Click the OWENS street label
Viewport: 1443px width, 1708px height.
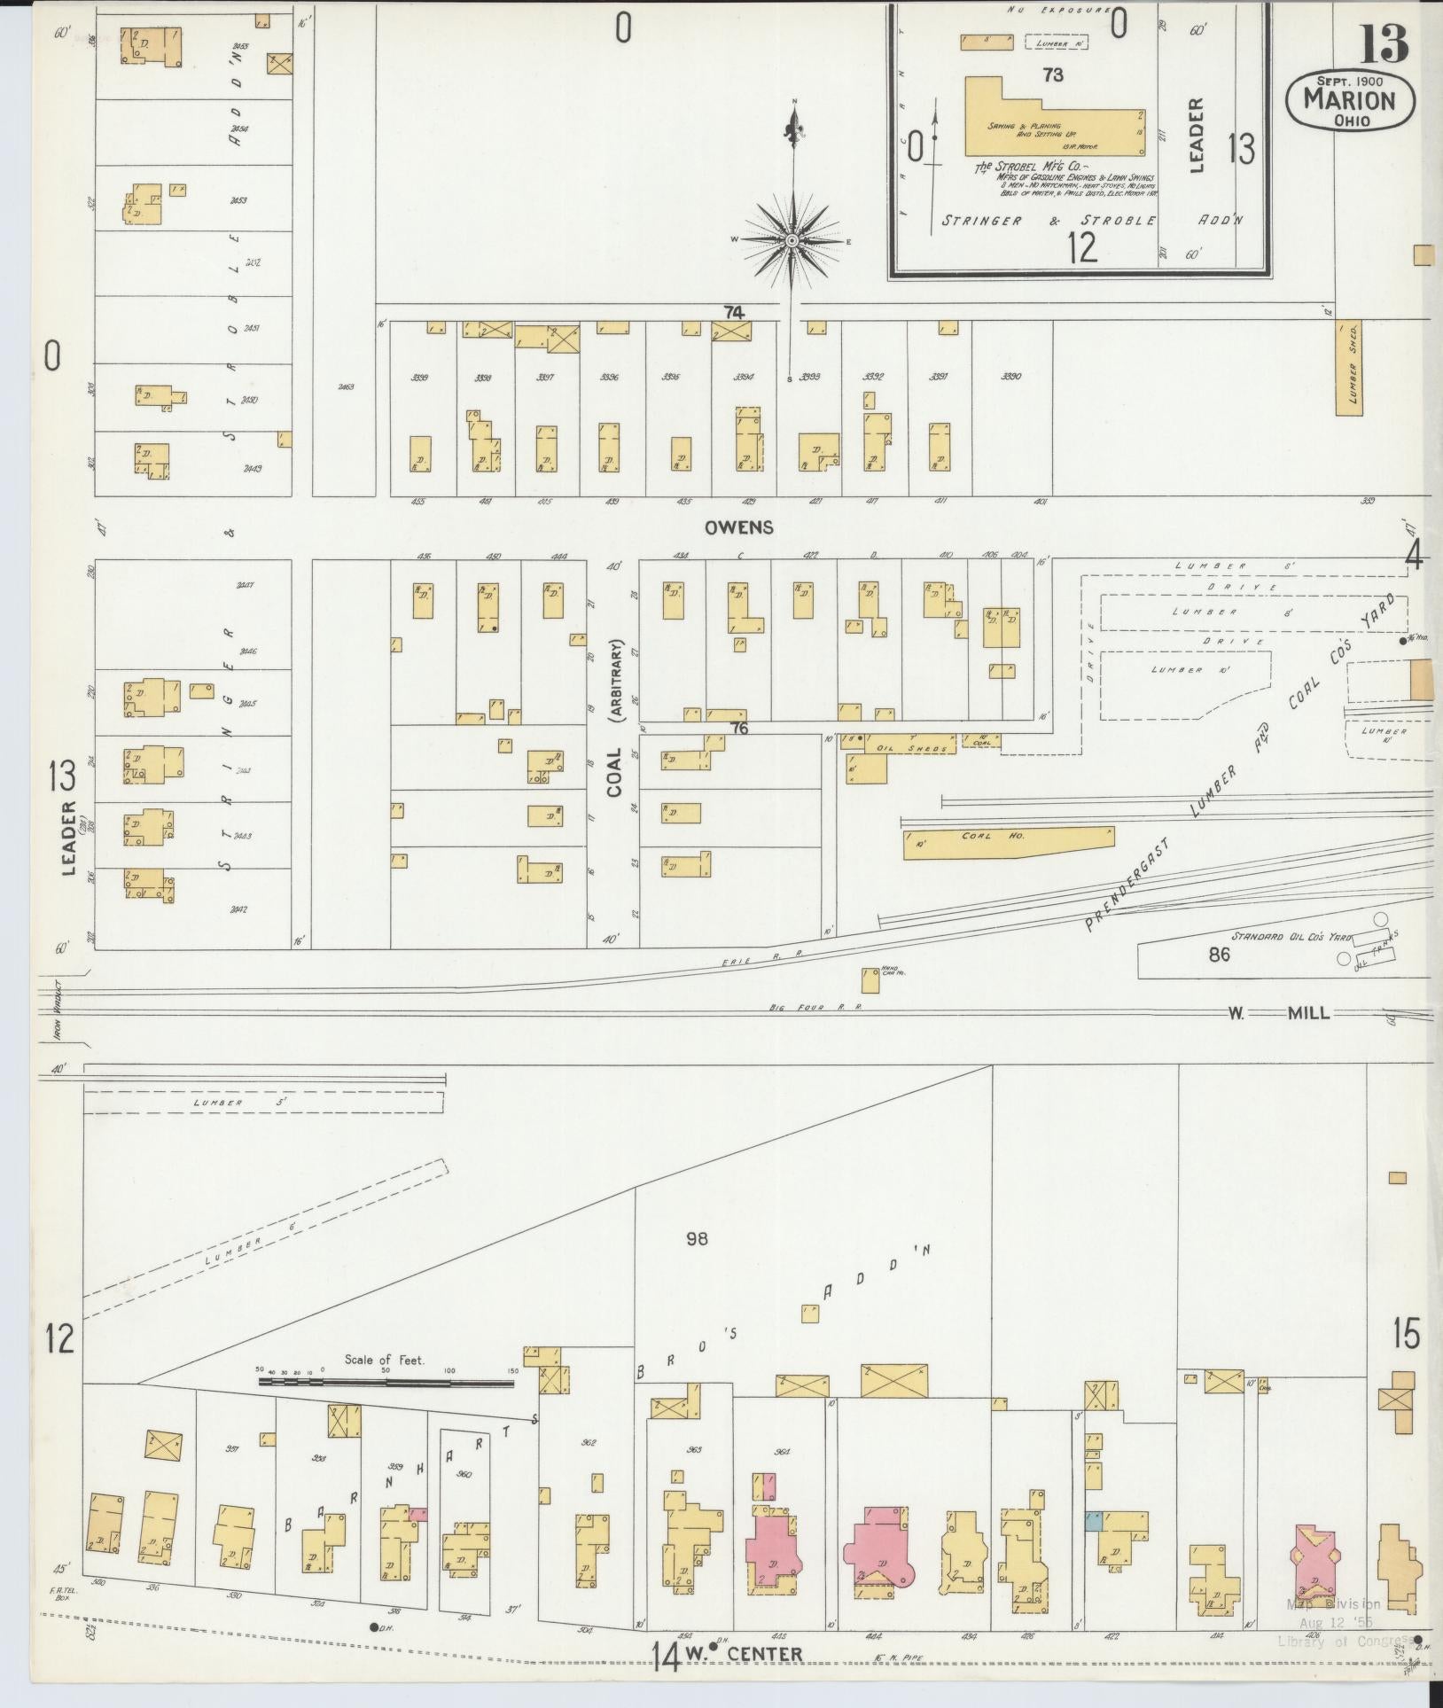(x=738, y=527)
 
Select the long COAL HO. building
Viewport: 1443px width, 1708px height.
(x=1008, y=843)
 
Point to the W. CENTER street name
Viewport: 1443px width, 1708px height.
(x=754, y=1654)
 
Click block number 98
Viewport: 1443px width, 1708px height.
(x=697, y=1239)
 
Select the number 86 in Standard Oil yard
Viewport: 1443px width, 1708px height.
(x=1220, y=955)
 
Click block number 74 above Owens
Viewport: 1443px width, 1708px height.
(x=734, y=312)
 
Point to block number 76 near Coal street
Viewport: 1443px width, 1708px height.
(x=739, y=729)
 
